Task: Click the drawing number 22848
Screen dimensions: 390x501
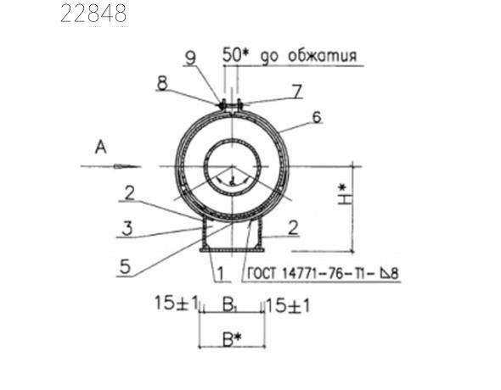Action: pos(94,14)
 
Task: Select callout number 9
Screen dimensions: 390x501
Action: pos(191,58)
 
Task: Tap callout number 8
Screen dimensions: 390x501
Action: pos(161,85)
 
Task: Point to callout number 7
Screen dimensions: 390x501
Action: pos(297,89)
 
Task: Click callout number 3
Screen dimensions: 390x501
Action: pos(126,228)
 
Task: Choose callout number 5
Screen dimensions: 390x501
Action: pos(126,267)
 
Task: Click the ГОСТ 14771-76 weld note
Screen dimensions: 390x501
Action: pos(324,275)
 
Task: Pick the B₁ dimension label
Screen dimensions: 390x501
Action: pos(230,303)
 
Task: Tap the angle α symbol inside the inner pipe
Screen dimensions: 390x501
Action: pos(232,180)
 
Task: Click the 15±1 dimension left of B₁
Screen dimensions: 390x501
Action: pos(176,303)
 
